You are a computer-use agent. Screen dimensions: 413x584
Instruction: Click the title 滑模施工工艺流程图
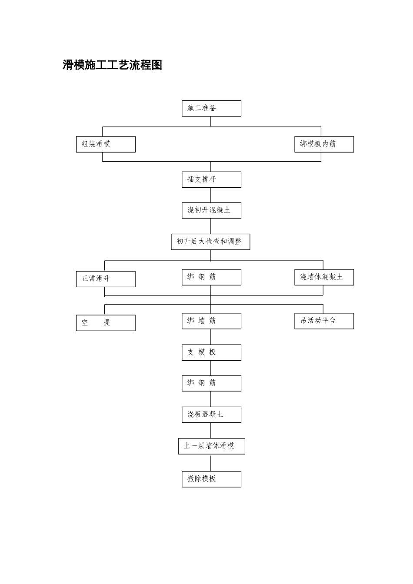(x=112, y=65)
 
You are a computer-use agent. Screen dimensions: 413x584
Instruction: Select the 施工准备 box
(x=211, y=109)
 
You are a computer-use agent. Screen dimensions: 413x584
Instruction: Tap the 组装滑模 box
(x=106, y=144)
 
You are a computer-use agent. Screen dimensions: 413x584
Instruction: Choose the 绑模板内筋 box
(x=324, y=144)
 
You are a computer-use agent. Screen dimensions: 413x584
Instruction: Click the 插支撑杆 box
(x=211, y=179)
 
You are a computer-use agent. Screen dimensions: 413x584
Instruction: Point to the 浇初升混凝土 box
(x=211, y=210)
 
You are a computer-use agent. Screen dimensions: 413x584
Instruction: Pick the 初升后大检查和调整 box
(x=210, y=242)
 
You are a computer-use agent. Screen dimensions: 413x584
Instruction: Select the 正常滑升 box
(x=106, y=279)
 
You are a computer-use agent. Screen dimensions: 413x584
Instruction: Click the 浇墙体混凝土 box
(x=324, y=277)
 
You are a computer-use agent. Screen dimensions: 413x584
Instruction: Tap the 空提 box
(x=106, y=323)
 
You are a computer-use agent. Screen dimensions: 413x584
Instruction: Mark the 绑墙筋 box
(x=211, y=321)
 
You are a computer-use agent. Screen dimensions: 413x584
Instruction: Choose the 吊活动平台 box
(x=324, y=321)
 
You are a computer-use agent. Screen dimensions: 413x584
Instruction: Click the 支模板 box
(x=211, y=352)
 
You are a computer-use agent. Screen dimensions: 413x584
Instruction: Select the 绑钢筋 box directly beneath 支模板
(x=211, y=383)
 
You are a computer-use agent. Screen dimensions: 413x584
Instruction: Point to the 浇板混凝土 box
(x=211, y=415)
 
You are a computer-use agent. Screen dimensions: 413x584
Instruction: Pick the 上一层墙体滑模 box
(x=212, y=446)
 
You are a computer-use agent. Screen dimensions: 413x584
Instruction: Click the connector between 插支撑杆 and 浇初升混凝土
(x=210, y=195)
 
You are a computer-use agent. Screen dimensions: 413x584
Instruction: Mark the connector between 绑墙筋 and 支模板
(x=210, y=337)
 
